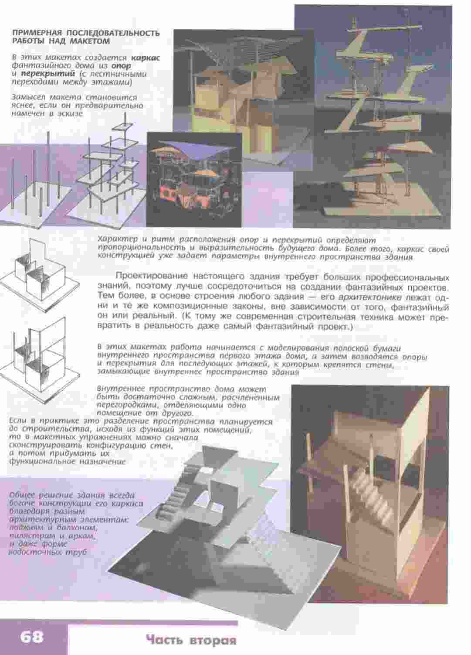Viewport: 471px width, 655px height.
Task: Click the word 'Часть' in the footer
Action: click(165, 639)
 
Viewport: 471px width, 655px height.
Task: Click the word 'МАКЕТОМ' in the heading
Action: click(90, 41)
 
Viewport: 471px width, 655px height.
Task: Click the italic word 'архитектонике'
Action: click(370, 297)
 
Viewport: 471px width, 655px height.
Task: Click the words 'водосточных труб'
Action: click(48, 553)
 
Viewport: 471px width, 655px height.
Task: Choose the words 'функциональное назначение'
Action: click(67, 461)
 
